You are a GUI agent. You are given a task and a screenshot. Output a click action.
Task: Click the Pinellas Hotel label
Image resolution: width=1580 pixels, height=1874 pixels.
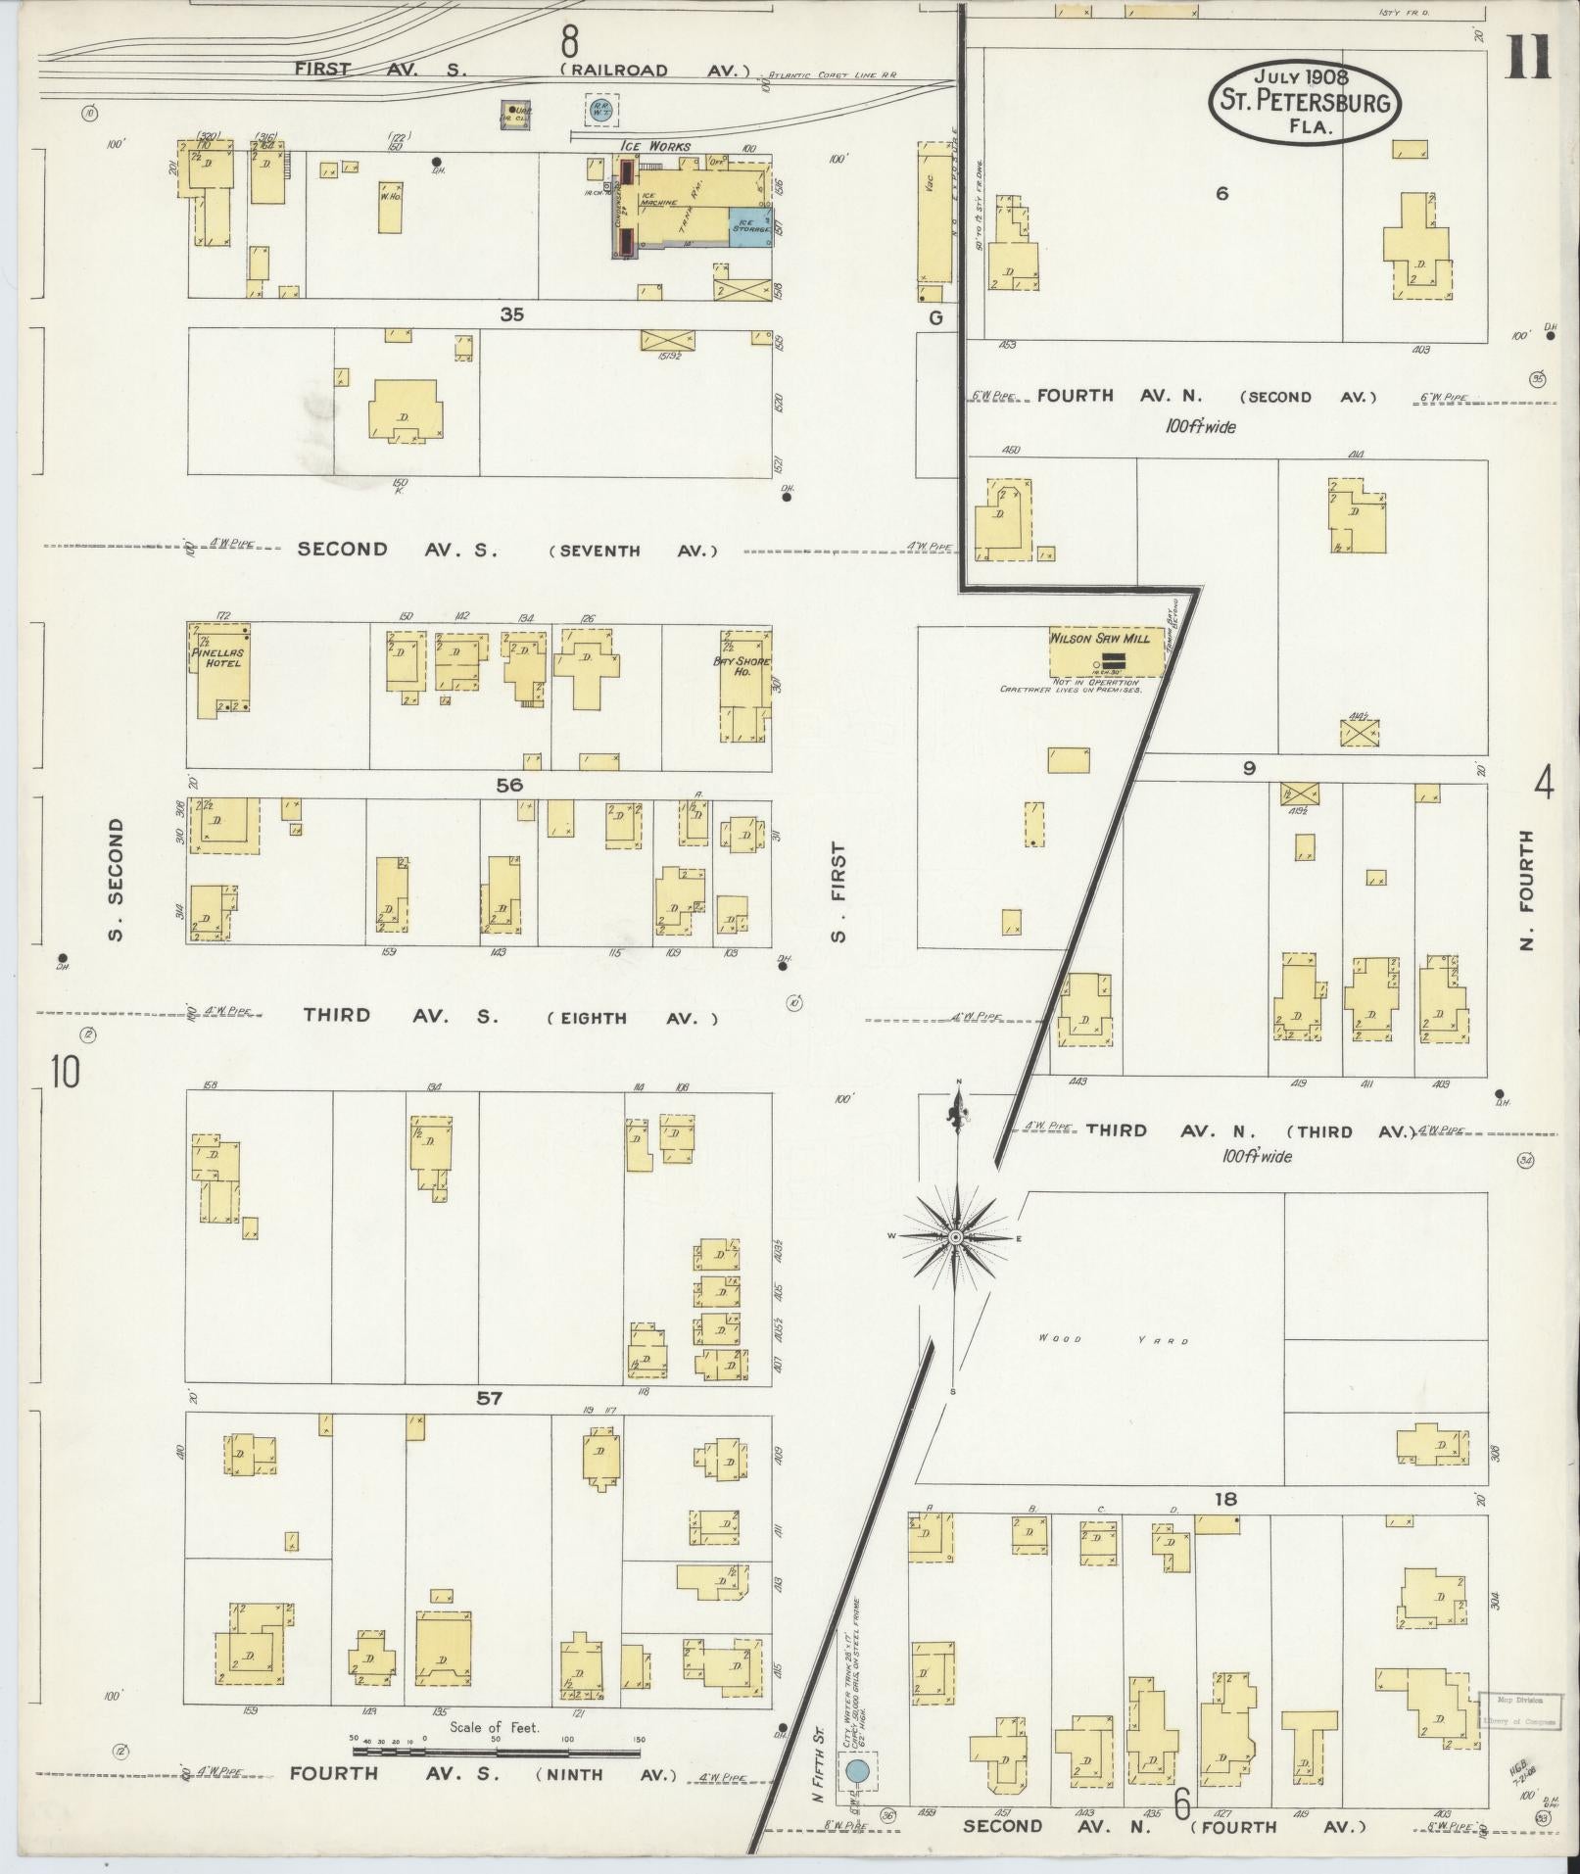(217, 657)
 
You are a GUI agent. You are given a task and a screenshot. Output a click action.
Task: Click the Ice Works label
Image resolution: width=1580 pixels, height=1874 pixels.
(654, 146)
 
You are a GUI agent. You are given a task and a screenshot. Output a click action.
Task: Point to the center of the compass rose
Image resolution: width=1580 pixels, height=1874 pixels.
(955, 1237)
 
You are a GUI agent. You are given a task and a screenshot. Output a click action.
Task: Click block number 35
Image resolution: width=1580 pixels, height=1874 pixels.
(511, 314)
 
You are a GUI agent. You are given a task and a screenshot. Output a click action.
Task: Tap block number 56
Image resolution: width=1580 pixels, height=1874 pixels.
(509, 785)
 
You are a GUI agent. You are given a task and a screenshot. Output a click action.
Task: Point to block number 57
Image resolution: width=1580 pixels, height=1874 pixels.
(489, 1399)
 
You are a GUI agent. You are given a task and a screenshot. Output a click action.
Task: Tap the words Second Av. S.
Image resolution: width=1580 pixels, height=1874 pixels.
(398, 550)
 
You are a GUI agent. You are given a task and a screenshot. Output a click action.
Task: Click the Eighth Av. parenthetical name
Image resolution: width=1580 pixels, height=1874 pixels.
(632, 1018)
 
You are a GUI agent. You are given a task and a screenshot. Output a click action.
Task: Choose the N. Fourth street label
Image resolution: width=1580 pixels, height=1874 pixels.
(1526, 890)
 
